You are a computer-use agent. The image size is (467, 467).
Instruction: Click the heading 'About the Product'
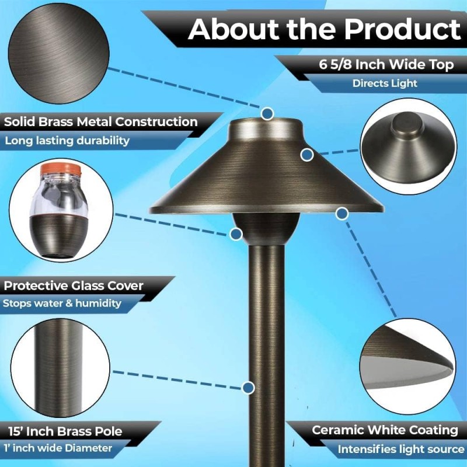[x=325, y=29]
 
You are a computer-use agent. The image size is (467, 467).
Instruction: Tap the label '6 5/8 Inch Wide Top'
[x=386, y=64]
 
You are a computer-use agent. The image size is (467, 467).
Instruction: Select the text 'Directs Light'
[x=385, y=83]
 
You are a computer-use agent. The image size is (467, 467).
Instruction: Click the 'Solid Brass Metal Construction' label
[x=100, y=121]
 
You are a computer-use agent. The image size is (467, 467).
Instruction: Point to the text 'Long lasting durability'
[x=67, y=140]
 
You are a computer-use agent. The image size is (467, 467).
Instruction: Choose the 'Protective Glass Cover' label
[x=74, y=285]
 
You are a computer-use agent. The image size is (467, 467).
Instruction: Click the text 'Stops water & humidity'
[x=62, y=303]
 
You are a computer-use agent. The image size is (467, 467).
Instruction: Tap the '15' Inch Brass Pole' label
[x=65, y=431]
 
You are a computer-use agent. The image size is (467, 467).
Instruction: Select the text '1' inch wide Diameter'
[x=58, y=448]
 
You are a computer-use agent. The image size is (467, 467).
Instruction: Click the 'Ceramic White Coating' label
[x=385, y=430]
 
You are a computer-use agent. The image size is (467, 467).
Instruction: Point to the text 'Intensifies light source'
[x=401, y=449]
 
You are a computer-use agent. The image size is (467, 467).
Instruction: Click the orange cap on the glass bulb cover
[x=61, y=170]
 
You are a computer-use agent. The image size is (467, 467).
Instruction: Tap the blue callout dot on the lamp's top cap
[x=267, y=113]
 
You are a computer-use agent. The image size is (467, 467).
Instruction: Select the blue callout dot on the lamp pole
[x=248, y=388]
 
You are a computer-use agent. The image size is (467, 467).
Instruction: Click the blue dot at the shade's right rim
[x=341, y=213]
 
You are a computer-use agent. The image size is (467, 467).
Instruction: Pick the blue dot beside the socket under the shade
[x=236, y=234]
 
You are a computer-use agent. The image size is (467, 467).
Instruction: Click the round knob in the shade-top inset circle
[x=407, y=124]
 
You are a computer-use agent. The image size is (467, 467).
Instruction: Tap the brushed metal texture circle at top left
[x=59, y=54]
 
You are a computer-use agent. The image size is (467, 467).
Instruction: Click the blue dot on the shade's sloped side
[x=307, y=155]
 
